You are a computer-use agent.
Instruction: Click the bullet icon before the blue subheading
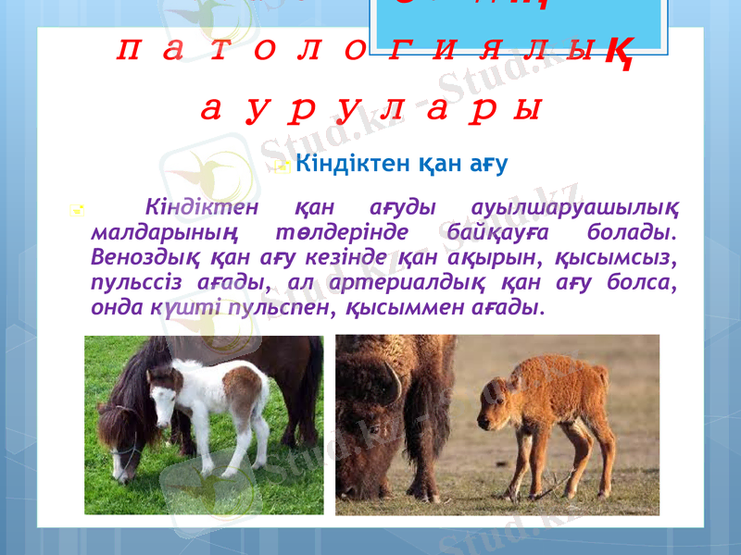pyautogui.click(x=283, y=167)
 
